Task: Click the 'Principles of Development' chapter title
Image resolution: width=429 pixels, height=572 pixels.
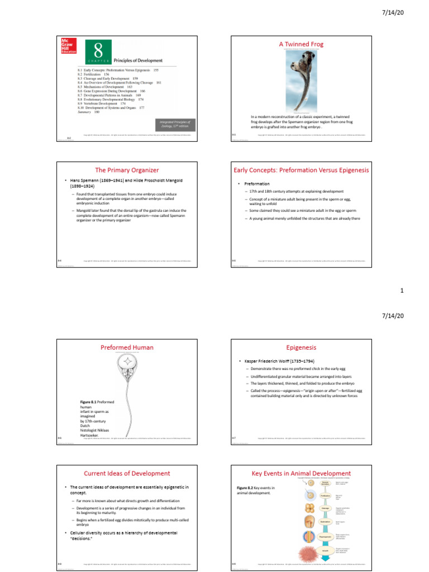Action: click(138, 60)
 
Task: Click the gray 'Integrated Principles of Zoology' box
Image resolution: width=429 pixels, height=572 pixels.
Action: click(174, 123)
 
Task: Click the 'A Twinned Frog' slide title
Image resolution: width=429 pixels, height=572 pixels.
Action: click(301, 44)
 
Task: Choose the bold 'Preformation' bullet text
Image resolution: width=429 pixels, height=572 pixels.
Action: click(258, 184)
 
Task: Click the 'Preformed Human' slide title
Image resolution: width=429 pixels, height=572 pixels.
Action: click(127, 347)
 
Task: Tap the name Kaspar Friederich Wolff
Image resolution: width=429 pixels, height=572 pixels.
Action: click(270, 363)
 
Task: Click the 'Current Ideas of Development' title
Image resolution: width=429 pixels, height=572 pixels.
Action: click(127, 473)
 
